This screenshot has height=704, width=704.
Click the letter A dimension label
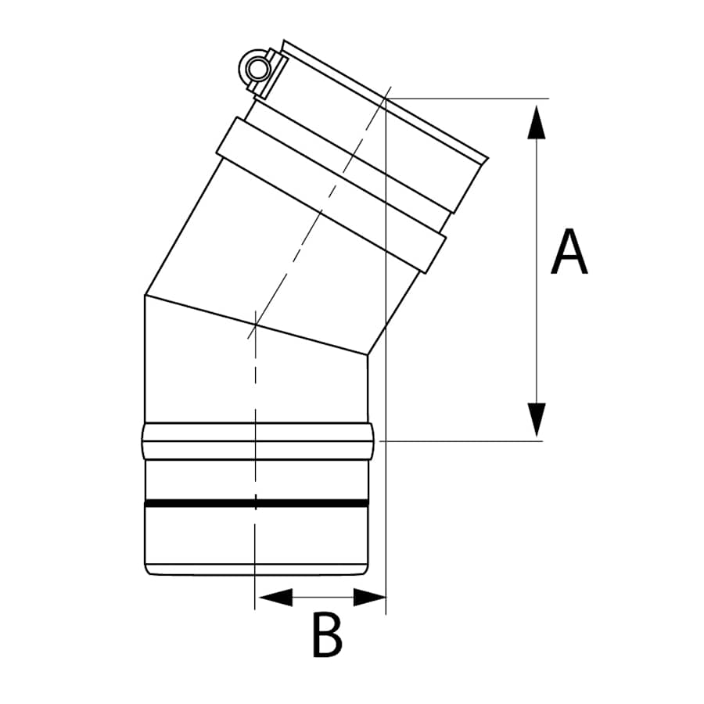pos(569,253)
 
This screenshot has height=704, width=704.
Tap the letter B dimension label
pos(327,635)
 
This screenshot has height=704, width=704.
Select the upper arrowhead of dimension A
pos(536,120)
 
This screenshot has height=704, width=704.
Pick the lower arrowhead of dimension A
pos(536,419)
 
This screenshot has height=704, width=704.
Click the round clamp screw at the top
pos(255,71)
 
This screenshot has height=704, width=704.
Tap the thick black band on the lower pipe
pos(256,503)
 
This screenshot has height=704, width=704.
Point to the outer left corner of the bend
pos(145,295)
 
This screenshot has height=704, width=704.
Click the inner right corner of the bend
pos(367,356)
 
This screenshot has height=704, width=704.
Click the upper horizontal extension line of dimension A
pos(469,99)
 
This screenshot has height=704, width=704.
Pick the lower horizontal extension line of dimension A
pos(469,441)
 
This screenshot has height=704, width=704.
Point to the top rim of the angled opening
pos(383,98)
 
